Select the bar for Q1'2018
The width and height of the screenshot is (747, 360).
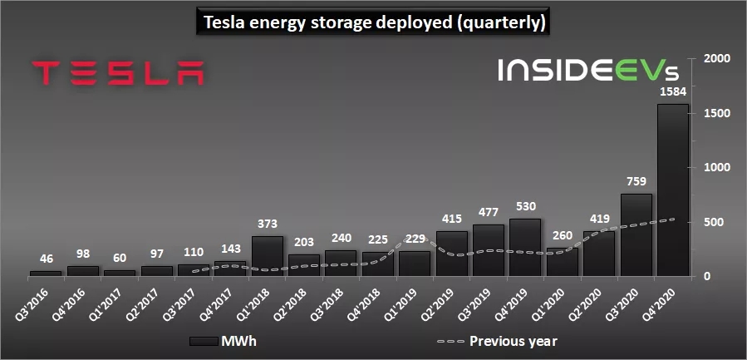click(267, 256)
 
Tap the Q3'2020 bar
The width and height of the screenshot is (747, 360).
click(636, 234)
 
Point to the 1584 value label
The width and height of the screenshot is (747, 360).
click(672, 92)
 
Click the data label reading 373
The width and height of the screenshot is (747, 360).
click(267, 224)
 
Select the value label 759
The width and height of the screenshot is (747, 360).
click(636, 182)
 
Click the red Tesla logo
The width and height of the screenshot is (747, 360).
click(117, 72)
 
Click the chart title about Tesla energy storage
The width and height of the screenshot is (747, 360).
click(373, 22)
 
